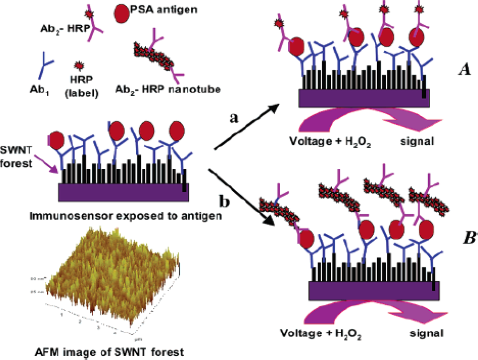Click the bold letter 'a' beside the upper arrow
click(234, 118)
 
